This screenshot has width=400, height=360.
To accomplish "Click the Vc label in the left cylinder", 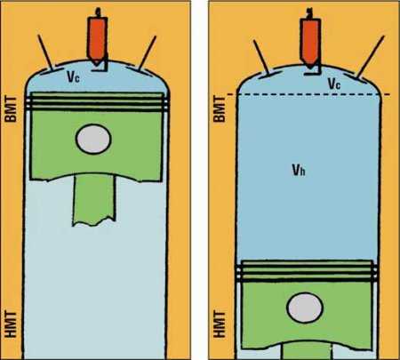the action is pyautogui.click(x=73, y=76).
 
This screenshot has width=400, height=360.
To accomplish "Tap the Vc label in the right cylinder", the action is pyautogui.click(x=334, y=84).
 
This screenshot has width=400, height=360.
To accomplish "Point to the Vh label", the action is pyautogui.click(x=299, y=170).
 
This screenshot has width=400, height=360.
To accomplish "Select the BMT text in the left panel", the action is pyautogui.click(x=12, y=108).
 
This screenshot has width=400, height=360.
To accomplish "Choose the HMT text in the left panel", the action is pyautogui.click(x=12, y=324).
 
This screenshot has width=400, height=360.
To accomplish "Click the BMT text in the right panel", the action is pyautogui.click(x=220, y=108).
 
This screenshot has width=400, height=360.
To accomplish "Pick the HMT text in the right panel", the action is pyautogui.click(x=220, y=324).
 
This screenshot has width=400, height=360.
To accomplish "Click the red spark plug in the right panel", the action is pyautogui.click(x=309, y=42).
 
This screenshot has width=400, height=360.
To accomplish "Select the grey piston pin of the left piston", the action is pyautogui.click(x=93, y=140).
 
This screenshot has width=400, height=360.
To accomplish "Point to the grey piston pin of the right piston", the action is pyautogui.click(x=305, y=308).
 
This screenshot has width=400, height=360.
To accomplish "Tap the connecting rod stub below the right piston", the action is pyautogui.click(x=307, y=351).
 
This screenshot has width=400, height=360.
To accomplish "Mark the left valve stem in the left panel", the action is pyautogui.click(x=45, y=52).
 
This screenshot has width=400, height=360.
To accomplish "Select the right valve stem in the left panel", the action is pyautogui.click(x=148, y=52).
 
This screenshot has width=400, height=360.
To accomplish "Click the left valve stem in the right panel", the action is pyautogui.click(x=261, y=57).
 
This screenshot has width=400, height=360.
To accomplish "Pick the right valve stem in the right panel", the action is pyautogui.click(x=371, y=57).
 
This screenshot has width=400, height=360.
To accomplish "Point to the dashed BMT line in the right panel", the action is pyautogui.click(x=308, y=95).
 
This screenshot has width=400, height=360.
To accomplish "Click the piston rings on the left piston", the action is pyautogui.click(x=97, y=101).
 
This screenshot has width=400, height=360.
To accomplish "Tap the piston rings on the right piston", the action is pyautogui.click(x=308, y=271).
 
